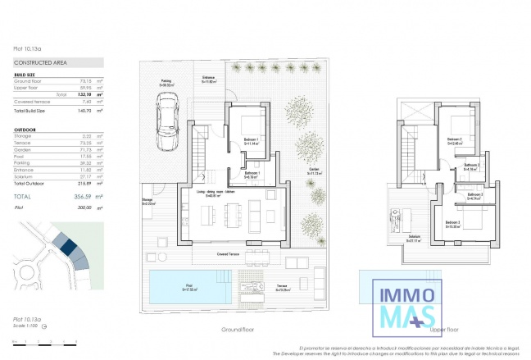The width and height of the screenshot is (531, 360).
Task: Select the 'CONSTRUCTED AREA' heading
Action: [x=39, y=62]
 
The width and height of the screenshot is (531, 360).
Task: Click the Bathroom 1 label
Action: [x=252, y=175]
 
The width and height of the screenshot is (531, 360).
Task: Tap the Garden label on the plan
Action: [x=314, y=171]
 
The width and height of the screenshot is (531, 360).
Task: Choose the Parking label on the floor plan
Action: [x=166, y=81]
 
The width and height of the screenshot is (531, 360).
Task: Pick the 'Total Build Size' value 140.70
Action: [x=82, y=109]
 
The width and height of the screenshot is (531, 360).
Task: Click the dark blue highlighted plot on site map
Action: [x=68, y=247]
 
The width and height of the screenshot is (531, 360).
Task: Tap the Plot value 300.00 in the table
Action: [x=82, y=209]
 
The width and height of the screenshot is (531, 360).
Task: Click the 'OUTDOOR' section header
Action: [x=25, y=130]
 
